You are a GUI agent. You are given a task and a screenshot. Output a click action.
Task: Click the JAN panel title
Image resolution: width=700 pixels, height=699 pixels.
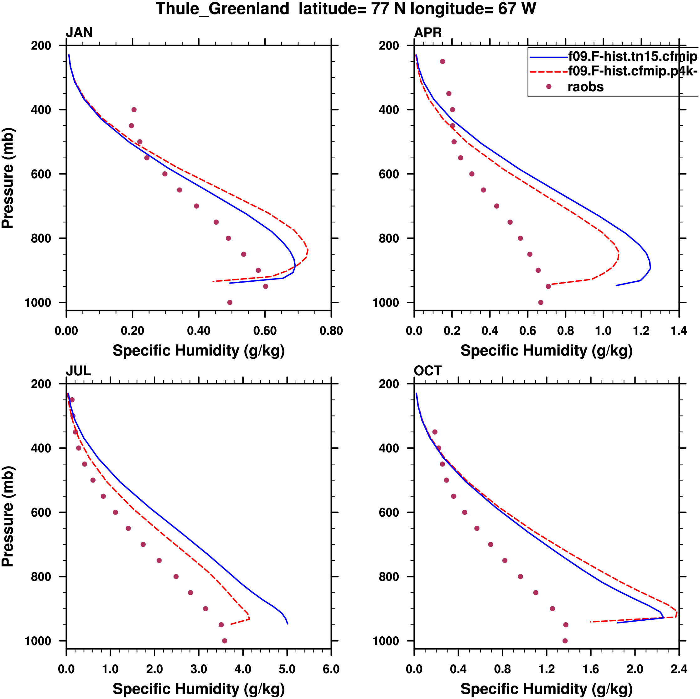point(79,33)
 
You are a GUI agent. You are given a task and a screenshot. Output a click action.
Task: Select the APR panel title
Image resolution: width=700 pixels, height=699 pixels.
point(428,33)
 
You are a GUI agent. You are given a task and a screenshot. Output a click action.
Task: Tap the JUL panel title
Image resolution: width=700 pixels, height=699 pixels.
point(78,371)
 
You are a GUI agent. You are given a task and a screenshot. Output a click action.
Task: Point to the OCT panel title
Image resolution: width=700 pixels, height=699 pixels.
point(428,371)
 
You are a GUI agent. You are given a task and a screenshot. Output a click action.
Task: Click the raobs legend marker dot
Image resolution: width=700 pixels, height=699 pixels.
point(548,86)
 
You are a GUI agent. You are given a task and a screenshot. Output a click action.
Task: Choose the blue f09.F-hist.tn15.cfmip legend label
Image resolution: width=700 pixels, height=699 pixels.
point(633,56)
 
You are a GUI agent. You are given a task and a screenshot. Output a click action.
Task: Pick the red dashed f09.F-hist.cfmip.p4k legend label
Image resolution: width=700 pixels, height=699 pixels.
point(633,71)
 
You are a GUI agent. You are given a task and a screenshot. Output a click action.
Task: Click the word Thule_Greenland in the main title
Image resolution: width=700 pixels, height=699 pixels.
point(222,9)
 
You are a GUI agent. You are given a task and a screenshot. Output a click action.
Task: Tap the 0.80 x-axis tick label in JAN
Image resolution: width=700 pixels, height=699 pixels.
point(331,331)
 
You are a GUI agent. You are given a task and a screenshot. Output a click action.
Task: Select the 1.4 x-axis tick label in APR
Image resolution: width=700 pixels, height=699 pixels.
point(679,331)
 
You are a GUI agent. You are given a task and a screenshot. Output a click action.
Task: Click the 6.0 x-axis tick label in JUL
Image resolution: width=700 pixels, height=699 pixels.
point(331,669)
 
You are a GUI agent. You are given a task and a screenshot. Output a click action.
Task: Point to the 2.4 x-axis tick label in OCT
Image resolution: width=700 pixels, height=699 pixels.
point(679,669)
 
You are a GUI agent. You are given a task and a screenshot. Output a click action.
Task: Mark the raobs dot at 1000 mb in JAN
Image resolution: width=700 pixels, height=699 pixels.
point(230,302)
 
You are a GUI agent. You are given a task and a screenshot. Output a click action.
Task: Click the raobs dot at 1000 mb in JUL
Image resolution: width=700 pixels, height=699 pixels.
point(225,641)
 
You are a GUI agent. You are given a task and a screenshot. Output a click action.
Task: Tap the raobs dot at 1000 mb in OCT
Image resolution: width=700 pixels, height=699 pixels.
point(565,641)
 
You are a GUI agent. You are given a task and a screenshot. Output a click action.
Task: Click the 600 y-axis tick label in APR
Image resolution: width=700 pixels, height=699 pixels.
point(389,174)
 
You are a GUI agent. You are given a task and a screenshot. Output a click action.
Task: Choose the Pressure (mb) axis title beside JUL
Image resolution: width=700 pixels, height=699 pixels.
point(8,516)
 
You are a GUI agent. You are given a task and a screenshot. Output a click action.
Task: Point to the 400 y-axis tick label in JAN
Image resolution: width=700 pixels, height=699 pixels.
point(41,110)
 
